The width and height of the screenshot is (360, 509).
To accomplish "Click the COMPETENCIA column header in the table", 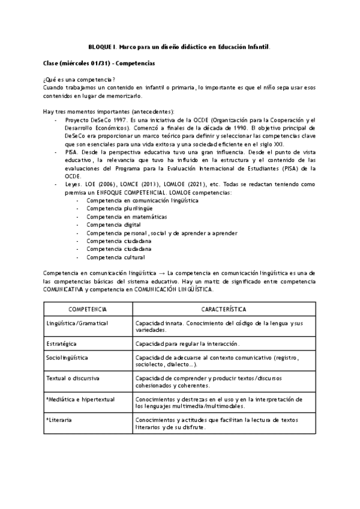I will click(87, 309).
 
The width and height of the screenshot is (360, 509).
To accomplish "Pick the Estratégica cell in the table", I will click(62, 343).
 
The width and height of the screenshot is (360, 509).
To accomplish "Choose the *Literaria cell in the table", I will click(59, 420).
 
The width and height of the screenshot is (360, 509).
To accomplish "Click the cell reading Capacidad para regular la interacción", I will click(187, 343).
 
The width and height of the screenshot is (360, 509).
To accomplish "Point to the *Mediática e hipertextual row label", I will click(77, 399).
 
